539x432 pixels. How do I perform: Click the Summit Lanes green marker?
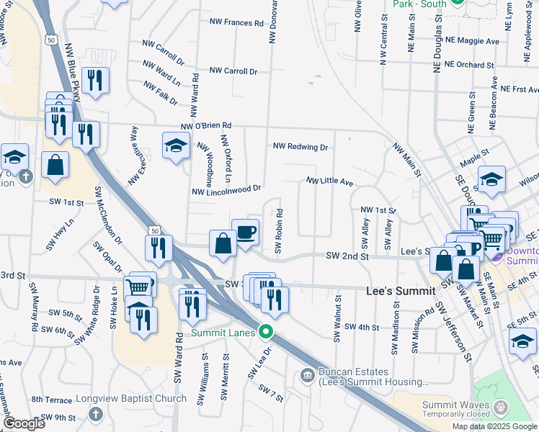266,332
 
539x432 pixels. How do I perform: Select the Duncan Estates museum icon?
307,375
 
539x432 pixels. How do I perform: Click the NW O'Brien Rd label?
205,126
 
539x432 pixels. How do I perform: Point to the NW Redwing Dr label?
300,147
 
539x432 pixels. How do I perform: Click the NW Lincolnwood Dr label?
226,190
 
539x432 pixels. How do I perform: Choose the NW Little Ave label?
329,182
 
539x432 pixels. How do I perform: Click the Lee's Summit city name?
400,291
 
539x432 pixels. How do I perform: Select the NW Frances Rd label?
234,23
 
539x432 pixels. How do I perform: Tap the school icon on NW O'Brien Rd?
176,146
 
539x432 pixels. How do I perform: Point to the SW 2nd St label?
347,256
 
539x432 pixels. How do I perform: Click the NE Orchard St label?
469,65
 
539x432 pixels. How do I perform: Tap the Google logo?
24,423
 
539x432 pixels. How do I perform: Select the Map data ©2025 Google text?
494,426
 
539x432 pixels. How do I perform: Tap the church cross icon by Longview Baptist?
94,414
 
